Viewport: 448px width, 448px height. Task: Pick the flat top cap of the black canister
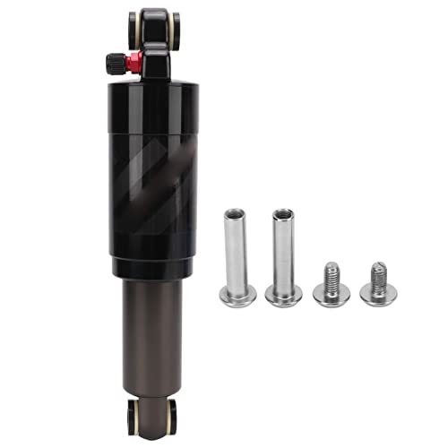155,87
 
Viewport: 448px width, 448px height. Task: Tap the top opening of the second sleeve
283,214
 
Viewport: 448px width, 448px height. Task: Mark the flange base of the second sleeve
283,296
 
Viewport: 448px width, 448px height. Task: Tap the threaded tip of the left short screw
331,268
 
